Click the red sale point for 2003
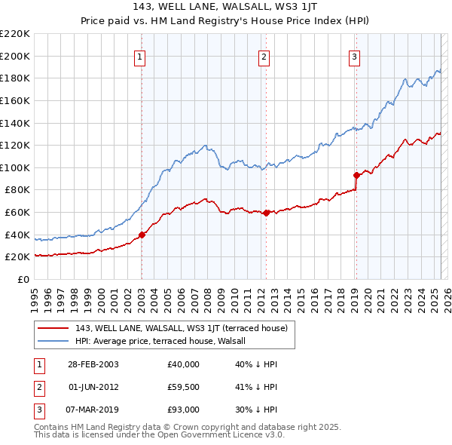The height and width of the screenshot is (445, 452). pos(142,235)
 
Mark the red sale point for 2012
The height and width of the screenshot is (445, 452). pos(266,213)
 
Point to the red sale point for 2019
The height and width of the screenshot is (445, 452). pos(356,175)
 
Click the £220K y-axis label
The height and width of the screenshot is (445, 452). pos(15,34)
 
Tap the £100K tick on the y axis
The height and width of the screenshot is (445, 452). pos(15,167)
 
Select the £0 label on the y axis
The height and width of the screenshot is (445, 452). pos(23,279)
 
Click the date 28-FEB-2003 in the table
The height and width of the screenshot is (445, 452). pos(93,364)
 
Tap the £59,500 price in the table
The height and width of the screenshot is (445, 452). pos(184,387)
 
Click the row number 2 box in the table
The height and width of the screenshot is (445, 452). pos(38,387)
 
